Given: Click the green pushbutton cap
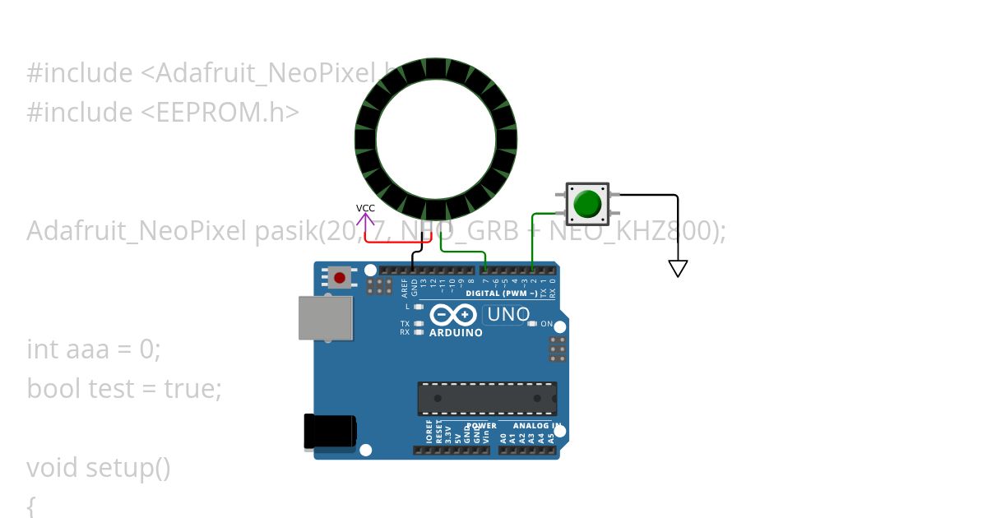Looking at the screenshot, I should tap(587, 204).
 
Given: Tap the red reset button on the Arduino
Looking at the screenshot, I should tap(340, 278).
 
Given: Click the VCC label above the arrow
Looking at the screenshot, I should tap(365, 208).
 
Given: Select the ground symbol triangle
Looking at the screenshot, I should tap(678, 268).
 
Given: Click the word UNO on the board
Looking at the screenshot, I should tap(508, 314).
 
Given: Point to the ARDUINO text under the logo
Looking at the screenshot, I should tap(456, 332).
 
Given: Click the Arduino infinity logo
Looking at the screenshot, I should tap(453, 315).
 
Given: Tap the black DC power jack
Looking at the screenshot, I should tap(330, 432).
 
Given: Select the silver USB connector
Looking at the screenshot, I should tap(325, 317).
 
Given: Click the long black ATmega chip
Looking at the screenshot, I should tap(486, 398).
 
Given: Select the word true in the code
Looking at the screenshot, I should tap(192, 387).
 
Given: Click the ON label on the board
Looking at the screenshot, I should tap(547, 324).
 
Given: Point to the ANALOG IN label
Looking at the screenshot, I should tap(536, 426).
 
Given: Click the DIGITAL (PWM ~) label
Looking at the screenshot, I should tap(501, 294).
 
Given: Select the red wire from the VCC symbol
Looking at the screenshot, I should tap(395, 243).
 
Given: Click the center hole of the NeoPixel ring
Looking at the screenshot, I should tap(436, 139).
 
